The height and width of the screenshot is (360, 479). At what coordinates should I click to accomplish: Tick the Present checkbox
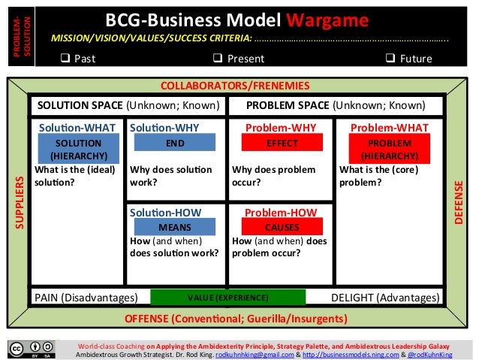[216, 57]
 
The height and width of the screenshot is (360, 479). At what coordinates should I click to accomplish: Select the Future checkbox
[389, 57]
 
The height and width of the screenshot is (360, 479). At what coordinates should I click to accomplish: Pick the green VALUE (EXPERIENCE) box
[228, 298]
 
